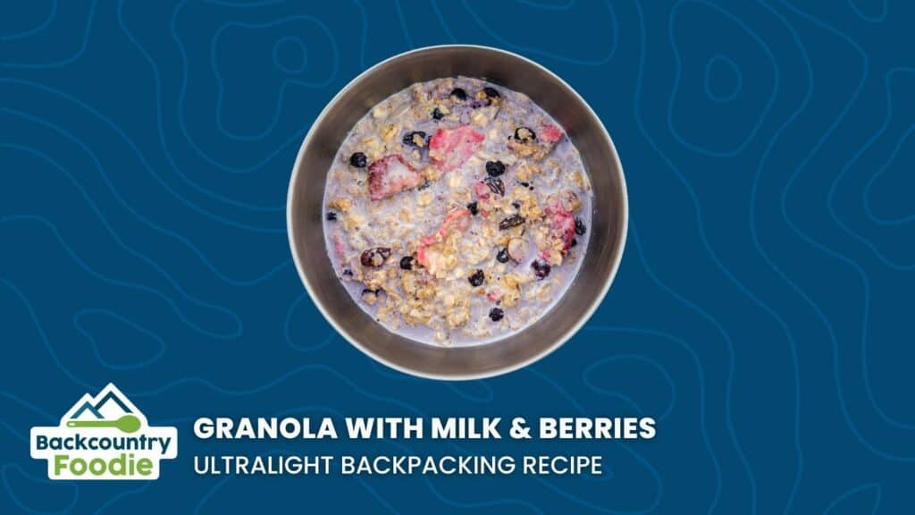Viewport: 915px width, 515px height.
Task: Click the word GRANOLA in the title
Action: [264, 428]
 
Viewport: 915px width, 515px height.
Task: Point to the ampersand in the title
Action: [520, 428]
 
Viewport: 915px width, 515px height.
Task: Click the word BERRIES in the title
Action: [598, 428]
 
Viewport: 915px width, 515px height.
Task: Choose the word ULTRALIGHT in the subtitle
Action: [264, 465]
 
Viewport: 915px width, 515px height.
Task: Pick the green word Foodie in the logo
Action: [104, 466]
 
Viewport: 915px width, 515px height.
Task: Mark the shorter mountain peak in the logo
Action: [85, 399]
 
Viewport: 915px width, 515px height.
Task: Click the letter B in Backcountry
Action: [43, 443]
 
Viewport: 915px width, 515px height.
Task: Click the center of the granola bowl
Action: [457, 212]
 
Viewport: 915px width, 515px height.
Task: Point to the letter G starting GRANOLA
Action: [205, 428]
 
